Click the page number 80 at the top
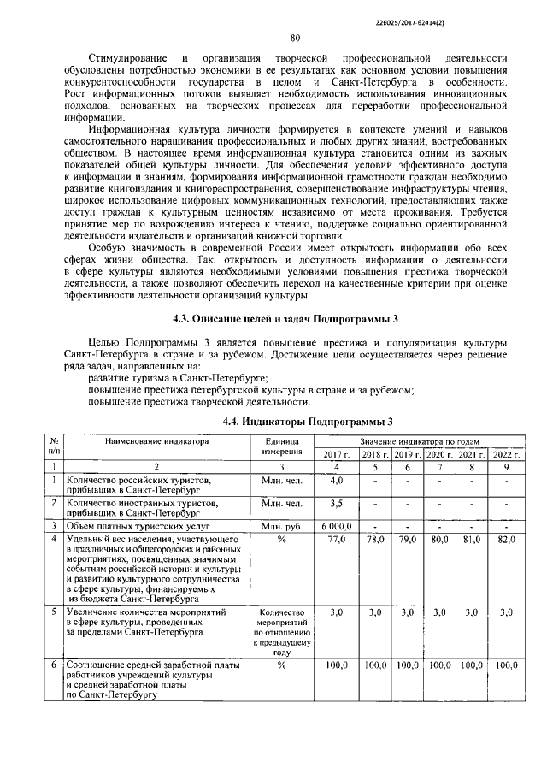[x=295, y=38]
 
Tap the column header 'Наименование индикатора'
[x=156, y=442]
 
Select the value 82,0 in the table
[x=506, y=540]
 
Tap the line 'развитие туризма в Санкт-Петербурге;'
[x=179, y=377]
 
